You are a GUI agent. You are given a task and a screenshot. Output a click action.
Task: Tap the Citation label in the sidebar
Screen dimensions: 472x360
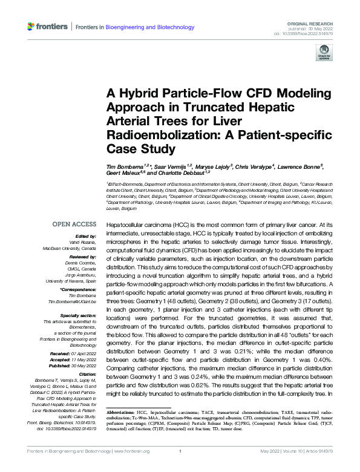point(87,375)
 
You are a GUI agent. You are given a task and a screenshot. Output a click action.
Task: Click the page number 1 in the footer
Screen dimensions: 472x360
point(180,467)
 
